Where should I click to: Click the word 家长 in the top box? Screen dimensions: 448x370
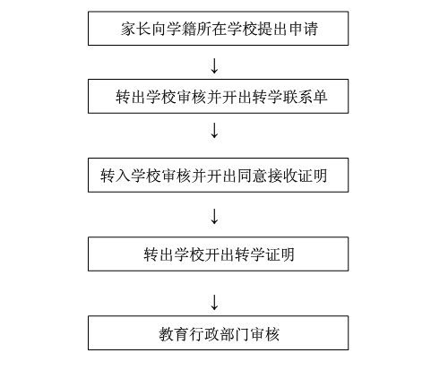pos(136,29)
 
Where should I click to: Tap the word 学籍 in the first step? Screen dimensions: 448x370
pos(181,29)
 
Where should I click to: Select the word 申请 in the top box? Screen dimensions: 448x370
pos(303,29)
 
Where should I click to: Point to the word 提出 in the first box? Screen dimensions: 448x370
pos(272,29)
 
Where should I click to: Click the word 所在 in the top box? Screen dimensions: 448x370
pos(211,29)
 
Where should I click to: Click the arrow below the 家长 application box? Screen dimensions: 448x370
pos(214,66)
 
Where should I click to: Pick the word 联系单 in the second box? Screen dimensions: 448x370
pos(305,97)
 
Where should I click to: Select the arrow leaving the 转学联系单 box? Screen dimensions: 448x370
pos(214,130)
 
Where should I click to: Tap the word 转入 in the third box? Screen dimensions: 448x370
pos(116,176)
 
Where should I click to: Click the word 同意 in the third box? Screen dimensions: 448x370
pos(252,176)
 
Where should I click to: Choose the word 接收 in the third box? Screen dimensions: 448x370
pos(282,176)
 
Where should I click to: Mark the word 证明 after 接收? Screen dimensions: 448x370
pos(313,176)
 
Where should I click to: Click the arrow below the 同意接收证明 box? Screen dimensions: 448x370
pos(214,216)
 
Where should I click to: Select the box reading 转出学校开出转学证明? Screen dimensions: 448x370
pos(219,254)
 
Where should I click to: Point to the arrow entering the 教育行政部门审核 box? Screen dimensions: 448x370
pos(214,302)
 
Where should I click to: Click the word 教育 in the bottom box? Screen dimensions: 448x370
pos(174,334)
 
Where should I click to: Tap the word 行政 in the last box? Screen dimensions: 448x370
pos(204,334)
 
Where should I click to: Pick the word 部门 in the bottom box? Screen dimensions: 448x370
pos(235,334)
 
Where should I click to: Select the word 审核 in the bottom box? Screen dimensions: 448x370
pos(265,334)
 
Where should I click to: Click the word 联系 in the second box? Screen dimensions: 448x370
pos(297,97)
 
